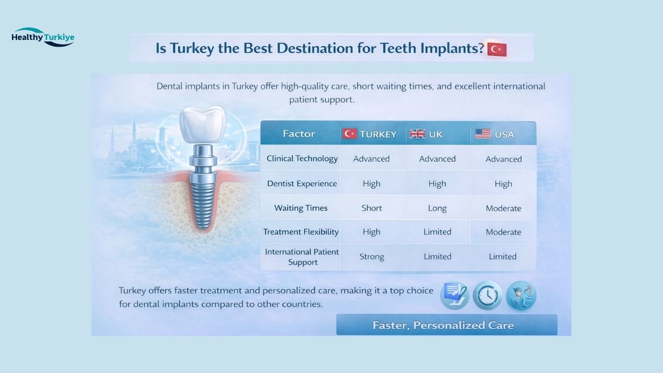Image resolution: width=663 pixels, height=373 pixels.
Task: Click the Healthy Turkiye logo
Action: click(43, 37)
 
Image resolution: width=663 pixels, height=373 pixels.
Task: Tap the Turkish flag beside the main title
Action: click(497, 49)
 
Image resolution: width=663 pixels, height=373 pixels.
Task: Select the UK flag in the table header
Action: click(417, 134)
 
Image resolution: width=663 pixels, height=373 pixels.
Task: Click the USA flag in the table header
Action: click(483, 134)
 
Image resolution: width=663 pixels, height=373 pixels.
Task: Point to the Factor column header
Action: click(299, 134)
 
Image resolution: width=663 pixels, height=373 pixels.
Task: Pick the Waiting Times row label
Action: click(301, 208)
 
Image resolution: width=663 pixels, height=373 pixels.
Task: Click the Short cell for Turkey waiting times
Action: click(371, 208)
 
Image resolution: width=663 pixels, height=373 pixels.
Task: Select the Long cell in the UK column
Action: click(437, 208)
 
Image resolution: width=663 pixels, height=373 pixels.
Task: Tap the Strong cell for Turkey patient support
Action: click(371, 256)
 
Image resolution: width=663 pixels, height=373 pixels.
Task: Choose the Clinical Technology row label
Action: click(302, 159)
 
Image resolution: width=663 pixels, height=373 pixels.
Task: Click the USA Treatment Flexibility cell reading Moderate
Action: click(503, 232)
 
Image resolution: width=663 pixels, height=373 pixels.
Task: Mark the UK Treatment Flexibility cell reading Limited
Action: click(437, 232)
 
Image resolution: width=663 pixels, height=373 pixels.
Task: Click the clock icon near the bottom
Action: click(487, 296)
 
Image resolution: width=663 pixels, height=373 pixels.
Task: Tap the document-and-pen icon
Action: click(454, 296)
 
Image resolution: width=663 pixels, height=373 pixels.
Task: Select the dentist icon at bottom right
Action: click(521, 296)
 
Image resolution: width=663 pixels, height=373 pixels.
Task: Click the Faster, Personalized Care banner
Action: click(446, 325)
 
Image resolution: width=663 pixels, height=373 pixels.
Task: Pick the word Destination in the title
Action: click(311, 49)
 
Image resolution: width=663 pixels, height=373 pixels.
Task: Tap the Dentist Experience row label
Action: click(302, 183)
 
